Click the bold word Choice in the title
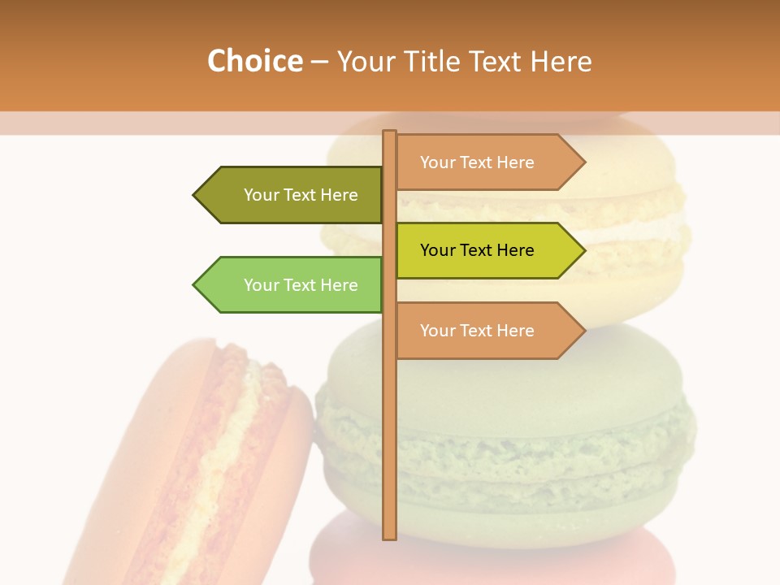[254, 62]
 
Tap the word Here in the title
[561, 62]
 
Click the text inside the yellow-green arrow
[477, 250]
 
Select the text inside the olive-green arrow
[301, 195]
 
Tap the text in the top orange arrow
[477, 162]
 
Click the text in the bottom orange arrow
[477, 331]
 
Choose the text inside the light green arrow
[301, 285]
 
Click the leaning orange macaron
[162, 455]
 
